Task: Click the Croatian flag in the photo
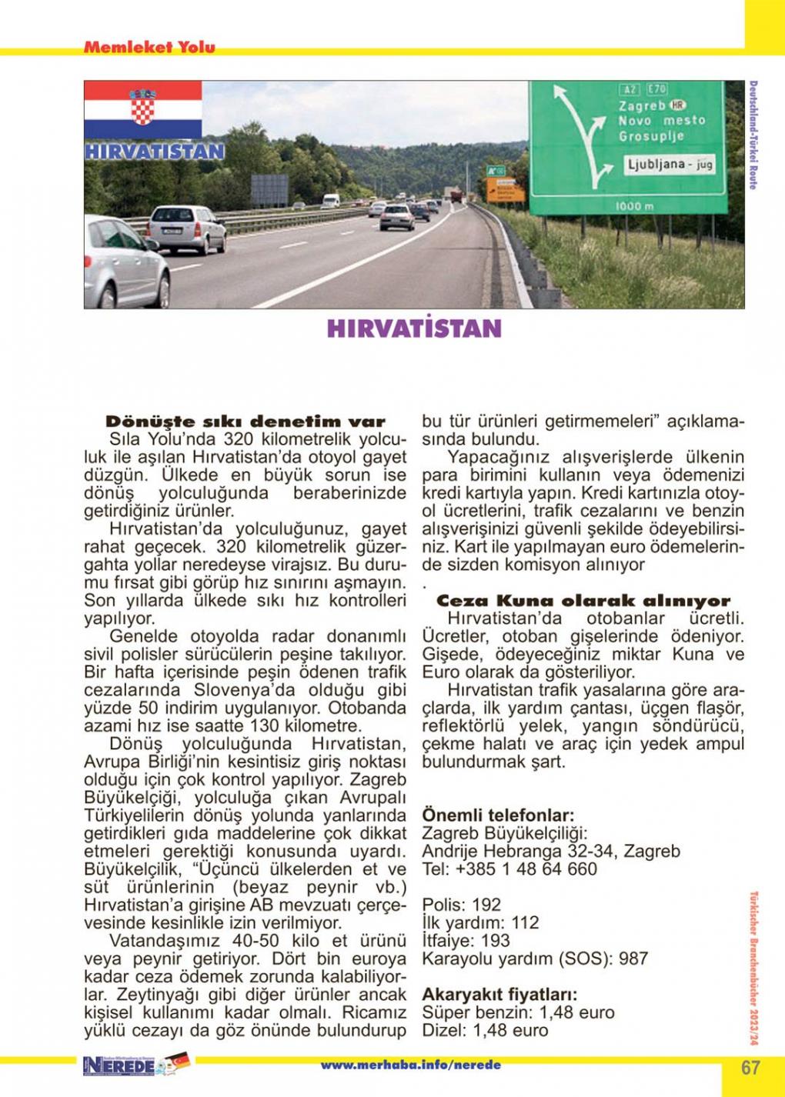click(142, 109)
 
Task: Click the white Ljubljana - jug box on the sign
click(670, 164)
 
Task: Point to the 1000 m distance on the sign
click(635, 206)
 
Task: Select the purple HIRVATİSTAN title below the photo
click(414, 328)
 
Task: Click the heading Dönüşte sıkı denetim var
click(245, 422)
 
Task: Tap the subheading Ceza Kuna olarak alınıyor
click(583, 601)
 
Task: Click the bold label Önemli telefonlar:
click(498, 815)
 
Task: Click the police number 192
click(486, 905)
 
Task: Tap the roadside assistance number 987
click(633, 959)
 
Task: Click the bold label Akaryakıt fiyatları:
click(499, 995)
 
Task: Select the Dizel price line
click(485, 1030)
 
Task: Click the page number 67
click(750, 1067)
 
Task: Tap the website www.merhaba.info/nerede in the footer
click(410, 1065)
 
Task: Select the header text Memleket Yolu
click(149, 47)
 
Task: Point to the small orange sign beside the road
click(506, 190)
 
